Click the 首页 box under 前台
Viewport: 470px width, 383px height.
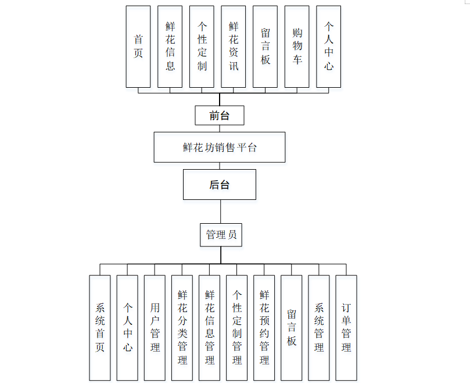[138, 46]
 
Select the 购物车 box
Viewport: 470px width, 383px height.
[297, 46]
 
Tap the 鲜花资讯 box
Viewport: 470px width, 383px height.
[234, 46]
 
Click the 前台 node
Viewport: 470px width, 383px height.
[220, 116]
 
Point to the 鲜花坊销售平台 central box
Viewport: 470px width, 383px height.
[220, 147]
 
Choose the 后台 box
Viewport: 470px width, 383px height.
[220, 185]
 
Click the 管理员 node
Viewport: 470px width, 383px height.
[221, 235]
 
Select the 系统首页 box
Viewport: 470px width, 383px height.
[100, 328]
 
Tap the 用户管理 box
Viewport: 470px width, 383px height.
[155, 328]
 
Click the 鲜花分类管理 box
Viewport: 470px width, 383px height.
[182, 328]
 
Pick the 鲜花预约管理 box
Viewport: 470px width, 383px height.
[264, 328]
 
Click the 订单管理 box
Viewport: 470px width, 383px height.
[346, 328]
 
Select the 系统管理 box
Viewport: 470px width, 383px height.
[319, 328]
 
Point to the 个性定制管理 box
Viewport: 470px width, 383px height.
[237, 328]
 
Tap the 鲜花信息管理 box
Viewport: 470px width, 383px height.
[210, 328]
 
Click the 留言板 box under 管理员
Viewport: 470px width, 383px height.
[292, 328]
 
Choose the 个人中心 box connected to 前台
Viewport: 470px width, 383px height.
[329, 46]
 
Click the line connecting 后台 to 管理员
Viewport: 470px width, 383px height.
[220, 212]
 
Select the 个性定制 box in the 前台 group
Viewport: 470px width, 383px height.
[202, 46]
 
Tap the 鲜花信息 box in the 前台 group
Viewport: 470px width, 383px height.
[170, 46]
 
